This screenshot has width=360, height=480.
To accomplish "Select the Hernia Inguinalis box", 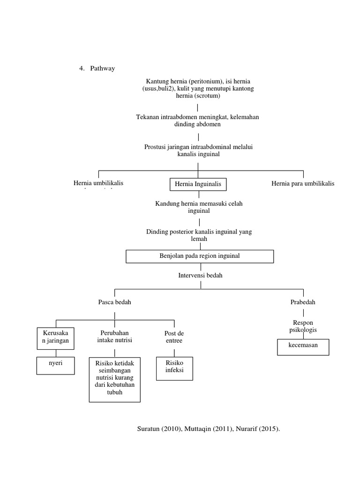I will (x=198, y=184).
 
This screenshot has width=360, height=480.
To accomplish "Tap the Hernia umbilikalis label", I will (x=98, y=183).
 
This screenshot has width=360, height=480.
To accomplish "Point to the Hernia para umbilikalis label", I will (x=303, y=183).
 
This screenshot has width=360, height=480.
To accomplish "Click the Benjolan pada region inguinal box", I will (x=200, y=256).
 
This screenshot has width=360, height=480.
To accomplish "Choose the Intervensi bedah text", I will (x=200, y=275).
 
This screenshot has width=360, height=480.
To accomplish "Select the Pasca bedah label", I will (x=114, y=302).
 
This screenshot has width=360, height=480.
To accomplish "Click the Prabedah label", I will (x=303, y=302).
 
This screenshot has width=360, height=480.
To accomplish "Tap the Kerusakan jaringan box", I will (x=55, y=337).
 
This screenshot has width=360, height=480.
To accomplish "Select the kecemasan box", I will (x=303, y=347).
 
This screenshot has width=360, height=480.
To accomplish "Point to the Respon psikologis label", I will (x=303, y=326).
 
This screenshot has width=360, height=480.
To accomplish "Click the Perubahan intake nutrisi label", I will (x=114, y=337).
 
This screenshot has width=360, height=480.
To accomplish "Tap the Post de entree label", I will (x=173, y=337).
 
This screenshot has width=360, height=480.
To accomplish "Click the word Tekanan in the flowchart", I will (x=147, y=117).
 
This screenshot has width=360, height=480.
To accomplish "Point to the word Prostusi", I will (x=156, y=147).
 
